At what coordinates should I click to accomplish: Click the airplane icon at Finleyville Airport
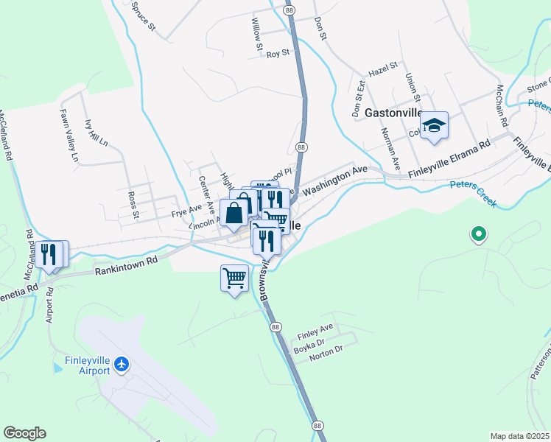(122, 364)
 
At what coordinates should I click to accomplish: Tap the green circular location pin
(478, 235)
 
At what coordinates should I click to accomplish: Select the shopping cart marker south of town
(234, 278)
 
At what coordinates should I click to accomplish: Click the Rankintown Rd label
(126, 264)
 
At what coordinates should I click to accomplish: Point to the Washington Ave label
(334, 179)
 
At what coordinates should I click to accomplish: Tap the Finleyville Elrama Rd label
(449, 159)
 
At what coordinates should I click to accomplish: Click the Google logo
(24, 433)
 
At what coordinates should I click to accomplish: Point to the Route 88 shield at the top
(289, 10)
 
